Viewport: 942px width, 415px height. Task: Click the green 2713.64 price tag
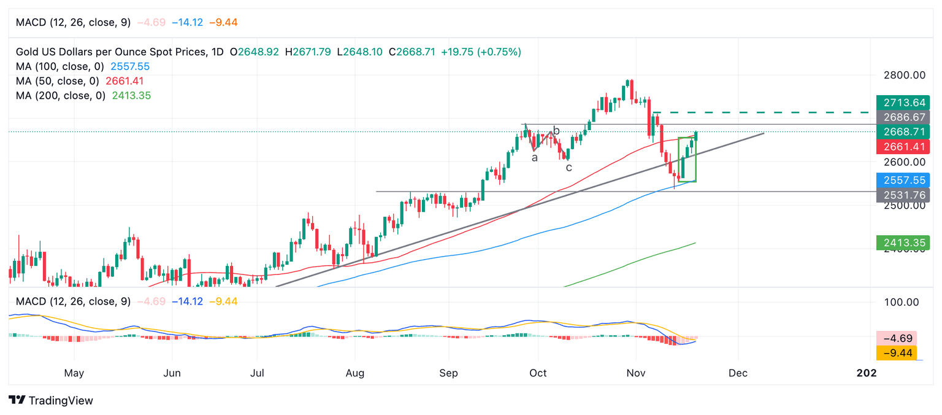click(x=903, y=103)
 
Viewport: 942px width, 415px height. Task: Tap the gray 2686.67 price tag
click(x=903, y=117)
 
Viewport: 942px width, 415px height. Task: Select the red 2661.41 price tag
click(x=903, y=147)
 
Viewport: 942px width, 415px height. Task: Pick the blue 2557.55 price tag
click(x=903, y=180)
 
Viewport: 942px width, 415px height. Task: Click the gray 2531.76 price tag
click(x=903, y=195)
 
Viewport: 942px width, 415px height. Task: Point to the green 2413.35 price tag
click(x=903, y=243)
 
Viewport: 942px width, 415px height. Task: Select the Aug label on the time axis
click(x=355, y=373)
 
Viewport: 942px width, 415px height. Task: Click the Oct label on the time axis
click(x=538, y=373)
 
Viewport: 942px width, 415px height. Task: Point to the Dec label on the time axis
click(x=738, y=373)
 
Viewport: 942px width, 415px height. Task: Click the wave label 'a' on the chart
click(x=535, y=158)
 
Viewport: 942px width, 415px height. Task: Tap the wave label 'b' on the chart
click(x=556, y=131)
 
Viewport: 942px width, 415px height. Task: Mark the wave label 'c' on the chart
click(x=569, y=167)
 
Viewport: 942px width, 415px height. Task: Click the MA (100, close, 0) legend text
click(x=60, y=66)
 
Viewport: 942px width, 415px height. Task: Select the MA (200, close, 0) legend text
click(x=60, y=96)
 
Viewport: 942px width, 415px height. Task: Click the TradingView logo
click(x=52, y=400)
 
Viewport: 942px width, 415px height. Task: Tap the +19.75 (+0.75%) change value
click(x=480, y=52)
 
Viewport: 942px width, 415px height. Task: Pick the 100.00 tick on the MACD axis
click(x=902, y=302)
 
